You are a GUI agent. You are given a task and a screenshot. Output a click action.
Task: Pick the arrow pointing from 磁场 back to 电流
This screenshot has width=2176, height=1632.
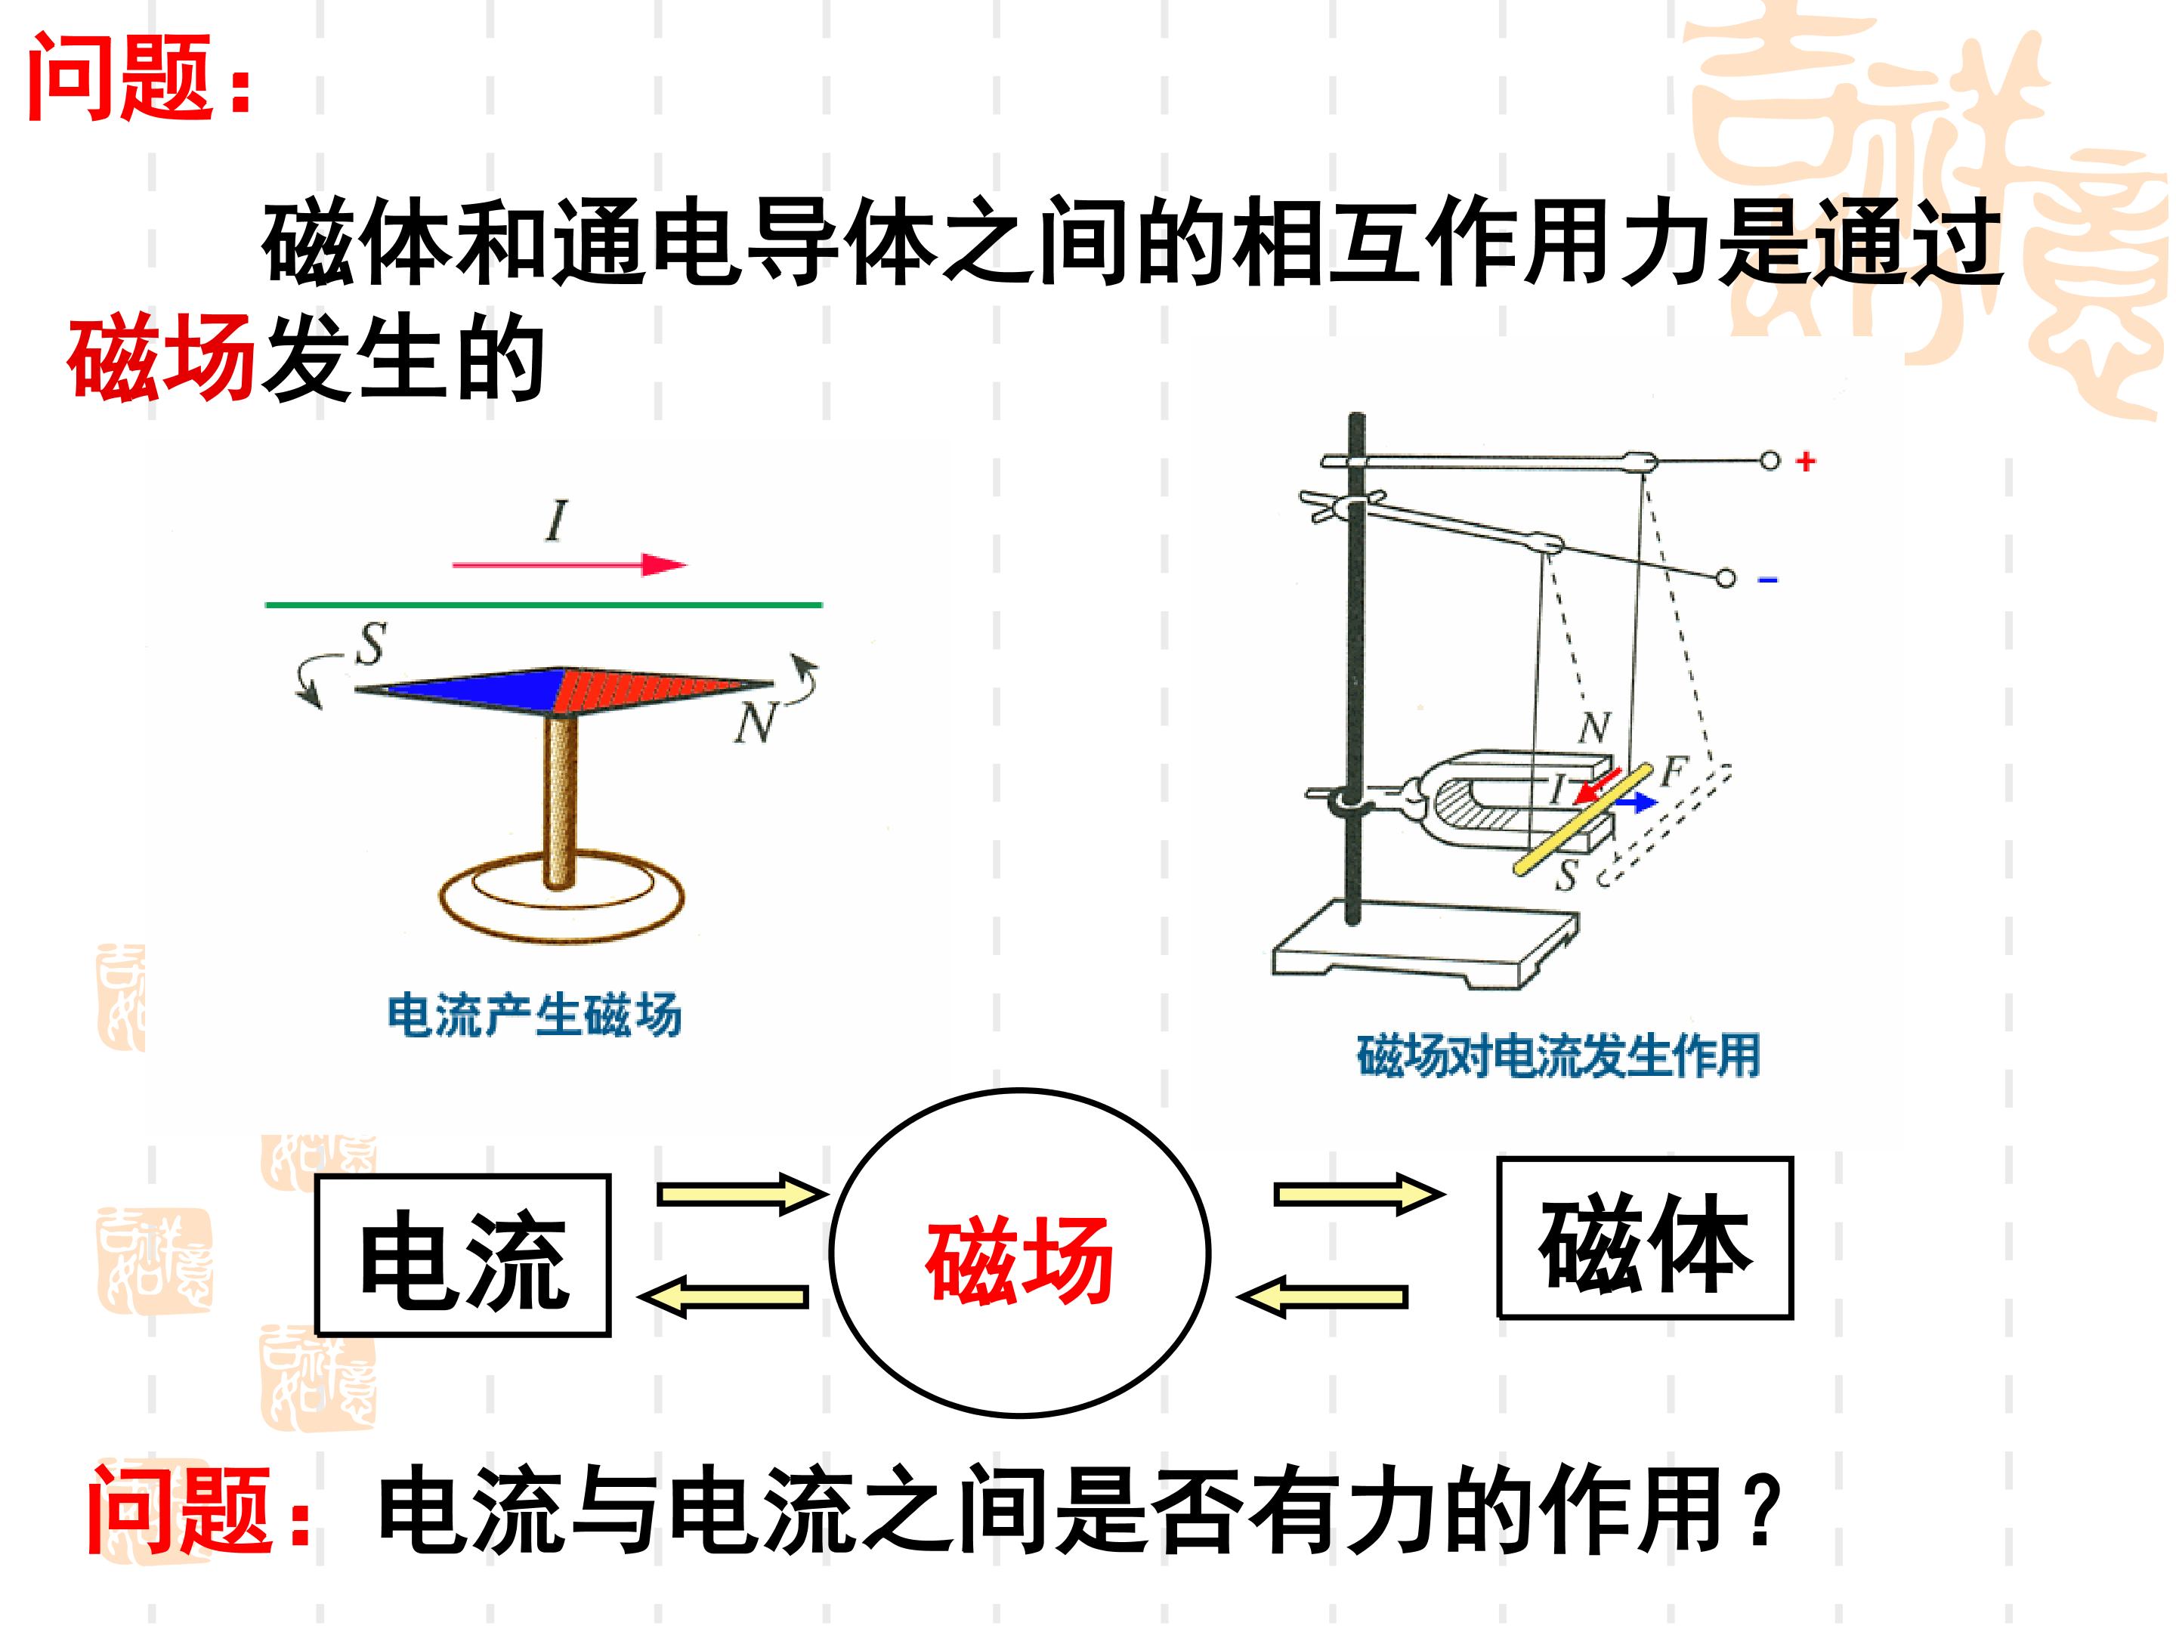click(x=723, y=1296)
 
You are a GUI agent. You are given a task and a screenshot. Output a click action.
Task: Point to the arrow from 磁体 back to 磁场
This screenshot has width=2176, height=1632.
click(x=1322, y=1297)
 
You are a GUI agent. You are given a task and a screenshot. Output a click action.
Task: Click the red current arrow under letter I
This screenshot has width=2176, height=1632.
click(x=570, y=564)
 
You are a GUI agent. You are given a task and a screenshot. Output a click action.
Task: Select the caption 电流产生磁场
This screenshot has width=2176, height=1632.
click(x=534, y=1016)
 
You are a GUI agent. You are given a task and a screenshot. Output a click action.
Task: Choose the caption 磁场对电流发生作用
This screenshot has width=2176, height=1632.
click(x=1558, y=1056)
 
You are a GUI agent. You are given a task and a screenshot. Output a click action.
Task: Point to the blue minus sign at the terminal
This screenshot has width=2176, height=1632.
click(x=1768, y=580)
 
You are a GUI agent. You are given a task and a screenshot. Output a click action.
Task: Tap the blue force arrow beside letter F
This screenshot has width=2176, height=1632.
click(x=1634, y=802)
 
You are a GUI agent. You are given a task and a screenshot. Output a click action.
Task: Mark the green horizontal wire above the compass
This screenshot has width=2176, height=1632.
click(x=544, y=605)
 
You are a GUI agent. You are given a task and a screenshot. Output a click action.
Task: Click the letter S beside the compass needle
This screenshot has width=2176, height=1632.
click(x=370, y=644)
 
